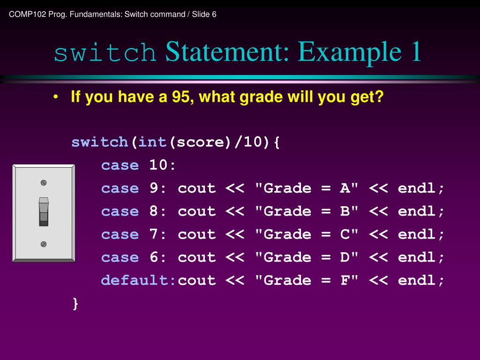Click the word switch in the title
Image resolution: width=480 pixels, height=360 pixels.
(x=105, y=53)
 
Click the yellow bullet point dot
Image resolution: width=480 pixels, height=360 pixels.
(x=56, y=97)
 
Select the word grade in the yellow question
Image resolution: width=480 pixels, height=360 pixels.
(x=262, y=97)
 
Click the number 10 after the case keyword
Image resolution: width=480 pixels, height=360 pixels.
(x=159, y=165)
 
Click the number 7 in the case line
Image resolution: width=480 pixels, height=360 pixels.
(x=154, y=234)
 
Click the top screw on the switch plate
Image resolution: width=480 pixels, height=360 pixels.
(x=44, y=182)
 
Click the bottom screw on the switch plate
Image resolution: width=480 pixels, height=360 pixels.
(x=44, y=244)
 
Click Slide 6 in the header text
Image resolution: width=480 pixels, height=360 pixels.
(x=204, y=14)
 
